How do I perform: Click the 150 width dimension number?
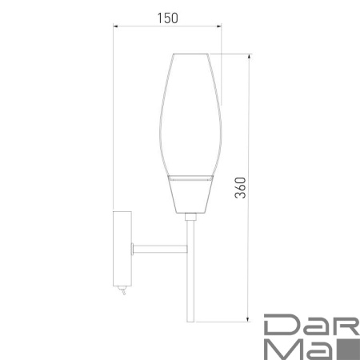click(166, 15)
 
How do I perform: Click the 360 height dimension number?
click(240, 187)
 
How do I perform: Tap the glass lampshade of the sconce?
click(191, 112)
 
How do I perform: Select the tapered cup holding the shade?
click(191, 195)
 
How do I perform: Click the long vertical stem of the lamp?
click(191, 272)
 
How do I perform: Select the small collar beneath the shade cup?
click(191, 215)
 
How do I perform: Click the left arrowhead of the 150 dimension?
click(117, 27)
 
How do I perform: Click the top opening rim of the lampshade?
click(191, 54)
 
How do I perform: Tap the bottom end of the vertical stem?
click(191, 321)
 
